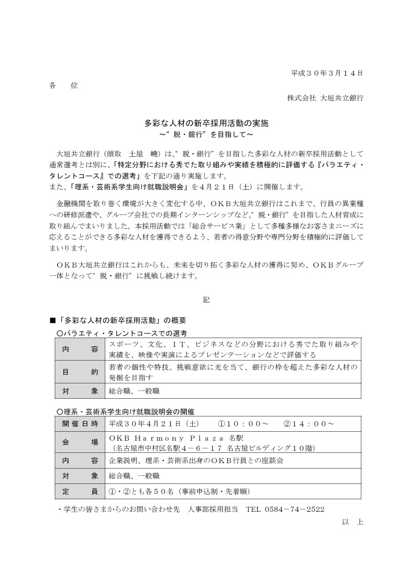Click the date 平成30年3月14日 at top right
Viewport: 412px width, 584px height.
(x=327, y=73)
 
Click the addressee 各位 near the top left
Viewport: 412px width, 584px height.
(x=63, y=86)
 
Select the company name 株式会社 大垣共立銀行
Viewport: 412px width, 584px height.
(x=325, y=98)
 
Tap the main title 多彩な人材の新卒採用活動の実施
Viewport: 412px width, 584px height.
(x=206, y=123)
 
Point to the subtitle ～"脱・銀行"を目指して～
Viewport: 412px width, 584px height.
(x=206, y=135)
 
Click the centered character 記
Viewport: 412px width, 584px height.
(x=206, y=300)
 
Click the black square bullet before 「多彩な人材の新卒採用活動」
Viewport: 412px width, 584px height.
(x=52, y=321)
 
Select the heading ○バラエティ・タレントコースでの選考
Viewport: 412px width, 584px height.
(x=122, y=333)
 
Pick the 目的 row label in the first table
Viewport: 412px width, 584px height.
(x=80, y=372)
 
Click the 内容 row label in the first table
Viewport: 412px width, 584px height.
(x=80, y=349)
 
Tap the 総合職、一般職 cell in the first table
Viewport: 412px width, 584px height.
(x=134, y=391)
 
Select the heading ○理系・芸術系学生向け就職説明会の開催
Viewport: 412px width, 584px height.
(x=125, y=412)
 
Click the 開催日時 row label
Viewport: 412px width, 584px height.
(x=80, y=424)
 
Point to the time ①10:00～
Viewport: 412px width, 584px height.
(x=243, y=424)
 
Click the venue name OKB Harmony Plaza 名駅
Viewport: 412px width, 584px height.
(x=176, y=438)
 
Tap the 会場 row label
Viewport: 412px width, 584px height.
(x=80, y=442)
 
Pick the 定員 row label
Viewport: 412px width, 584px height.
(x=80, y=491)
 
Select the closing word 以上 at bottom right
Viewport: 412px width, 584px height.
(x=352, y=522)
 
